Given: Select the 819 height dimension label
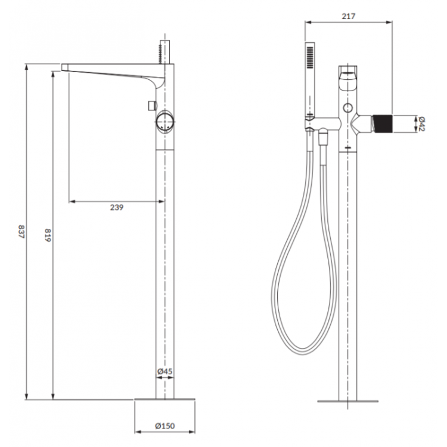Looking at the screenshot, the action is [x=48, y=235].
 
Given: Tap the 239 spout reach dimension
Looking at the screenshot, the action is [x=117, y=207].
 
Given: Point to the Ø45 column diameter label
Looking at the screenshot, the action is [x=165, y=371].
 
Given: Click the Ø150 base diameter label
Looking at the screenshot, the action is [x=165, y=426].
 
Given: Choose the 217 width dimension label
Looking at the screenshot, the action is [x=349, y=16].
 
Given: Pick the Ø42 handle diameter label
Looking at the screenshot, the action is [x=421, y=124].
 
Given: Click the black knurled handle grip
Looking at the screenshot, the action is [x=383, y=124].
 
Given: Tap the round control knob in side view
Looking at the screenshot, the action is [x=165, y=122].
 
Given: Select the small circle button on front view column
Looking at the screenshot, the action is [x=348, y=108].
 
